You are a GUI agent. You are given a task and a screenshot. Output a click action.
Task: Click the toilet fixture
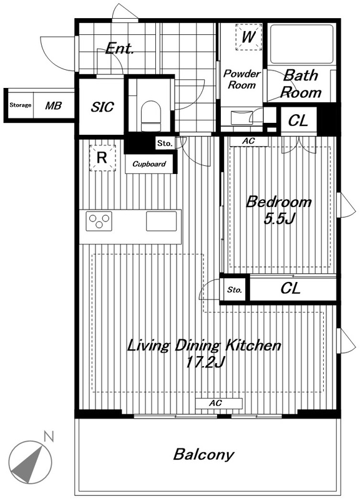pyautogui.click(x=151, y=116)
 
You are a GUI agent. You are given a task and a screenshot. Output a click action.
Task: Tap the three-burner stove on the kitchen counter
pyautogui.click(x=99, y=221)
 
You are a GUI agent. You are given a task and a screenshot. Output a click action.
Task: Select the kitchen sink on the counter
pyautogui.click(x=162, y=221)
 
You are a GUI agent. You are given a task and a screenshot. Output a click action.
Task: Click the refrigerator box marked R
pyautogui.click(x=102, y=158)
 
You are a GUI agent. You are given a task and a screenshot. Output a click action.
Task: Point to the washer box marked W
pyautogui.click(x=248, y=37)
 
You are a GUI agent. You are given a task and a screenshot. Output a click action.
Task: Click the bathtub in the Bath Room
pyautogui.click(x=301, y=44)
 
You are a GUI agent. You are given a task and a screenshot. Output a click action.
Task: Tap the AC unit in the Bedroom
pyautogui.click(x=249, y=142)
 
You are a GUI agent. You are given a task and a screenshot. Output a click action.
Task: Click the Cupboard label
pyautogui.click(x=149, y=164)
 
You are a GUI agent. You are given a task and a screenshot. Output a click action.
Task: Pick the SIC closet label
pyautogui.click(x=102, y=107)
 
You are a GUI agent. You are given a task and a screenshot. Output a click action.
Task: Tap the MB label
pyautogui.click(x=53, y=105)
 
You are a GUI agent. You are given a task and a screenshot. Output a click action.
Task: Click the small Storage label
pyautogui.click(x=21, y=105)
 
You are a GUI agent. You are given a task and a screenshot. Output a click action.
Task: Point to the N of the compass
pyautogui.click(x=49, y=437)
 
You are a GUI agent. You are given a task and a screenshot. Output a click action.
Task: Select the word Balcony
pyautogui.click(x=204, y=455)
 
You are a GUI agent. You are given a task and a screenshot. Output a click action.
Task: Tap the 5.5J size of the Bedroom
pyautogui.click(x=280, y=219)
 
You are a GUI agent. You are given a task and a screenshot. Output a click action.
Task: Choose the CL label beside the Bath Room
pyautogui.click(x=298, y=120)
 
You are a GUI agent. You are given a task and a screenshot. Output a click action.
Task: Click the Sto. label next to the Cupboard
pyautogui.click(x=165, y=143)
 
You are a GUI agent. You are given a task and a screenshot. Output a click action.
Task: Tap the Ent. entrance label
pyautogui.click(x=119, y=49)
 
